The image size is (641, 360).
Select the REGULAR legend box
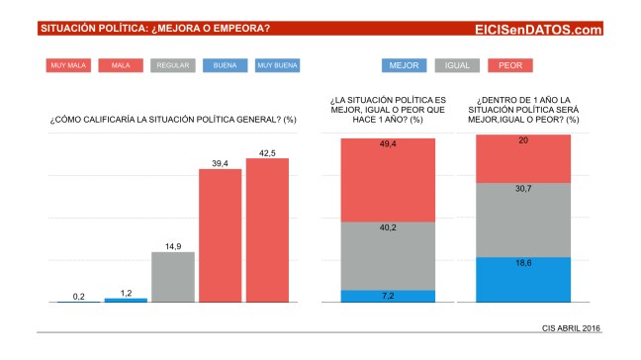pos(172,66)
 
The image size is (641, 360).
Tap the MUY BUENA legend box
pos(277,66)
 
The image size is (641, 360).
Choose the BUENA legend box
pos(225,66)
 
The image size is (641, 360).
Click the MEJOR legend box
pos(405,66)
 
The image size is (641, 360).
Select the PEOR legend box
pos(510,66)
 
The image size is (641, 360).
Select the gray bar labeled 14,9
pos(172,276)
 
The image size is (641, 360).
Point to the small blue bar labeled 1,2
pos(126,300)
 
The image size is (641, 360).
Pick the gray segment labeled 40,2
pos(388,255)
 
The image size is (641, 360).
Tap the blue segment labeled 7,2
pos(388,296)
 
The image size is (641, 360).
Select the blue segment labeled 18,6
pos(523,280)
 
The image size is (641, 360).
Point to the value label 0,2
pos(78,295)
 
